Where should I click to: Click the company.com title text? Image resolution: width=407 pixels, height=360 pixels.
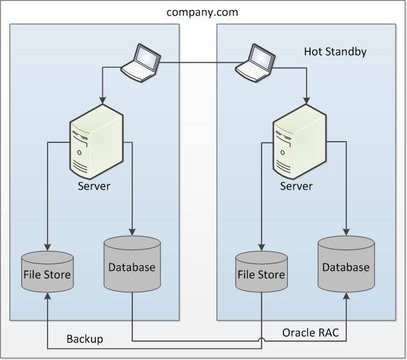(x=203, y=12)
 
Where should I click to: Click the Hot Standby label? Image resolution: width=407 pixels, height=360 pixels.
(x=335, y=51)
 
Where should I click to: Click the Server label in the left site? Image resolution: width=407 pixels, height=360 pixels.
(x=94, y=186)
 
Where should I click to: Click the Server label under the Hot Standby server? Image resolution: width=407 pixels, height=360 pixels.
(x=296, y=186)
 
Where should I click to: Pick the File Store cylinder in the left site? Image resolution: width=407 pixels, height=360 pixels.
(x=47, y=272)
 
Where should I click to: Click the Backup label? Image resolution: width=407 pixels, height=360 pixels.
(x=85, y=339)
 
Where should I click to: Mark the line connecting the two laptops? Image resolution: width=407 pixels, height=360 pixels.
(x=198, y=61)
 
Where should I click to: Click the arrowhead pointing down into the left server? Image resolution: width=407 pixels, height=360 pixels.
(x=102, y=101)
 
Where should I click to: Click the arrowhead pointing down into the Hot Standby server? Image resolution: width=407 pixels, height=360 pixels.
(x=306, y=101)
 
